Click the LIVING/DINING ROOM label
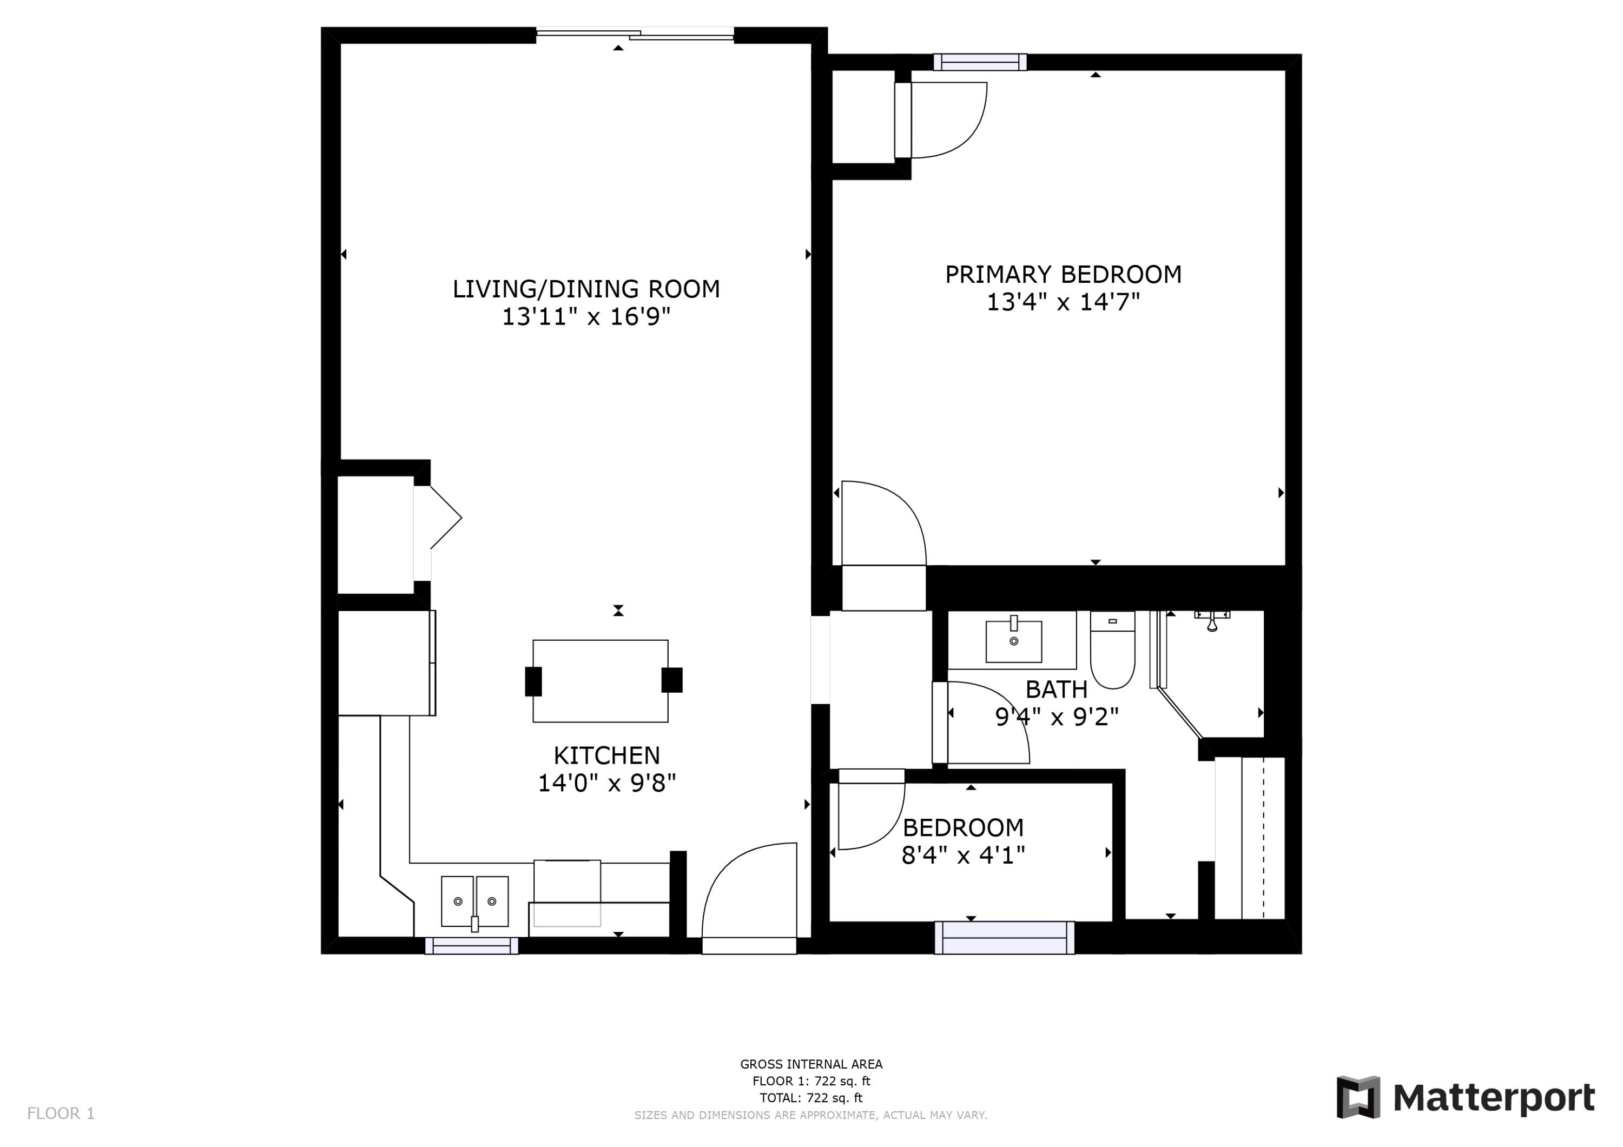point(586,289)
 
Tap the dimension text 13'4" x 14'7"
point(1063,302)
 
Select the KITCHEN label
point(606,755)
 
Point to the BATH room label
point(1056,689)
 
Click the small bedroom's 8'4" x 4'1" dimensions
point(963,856)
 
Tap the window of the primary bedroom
point(980,63)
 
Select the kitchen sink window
point(472,946)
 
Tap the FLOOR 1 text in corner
point(61,1114)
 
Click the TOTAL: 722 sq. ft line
point(811,1098)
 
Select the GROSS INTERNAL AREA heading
point(811,1064)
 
